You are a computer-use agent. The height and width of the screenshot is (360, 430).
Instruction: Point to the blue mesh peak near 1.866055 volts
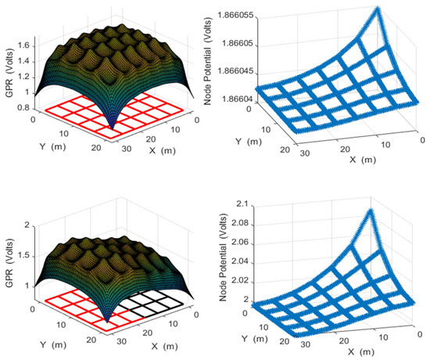point(378,10)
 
